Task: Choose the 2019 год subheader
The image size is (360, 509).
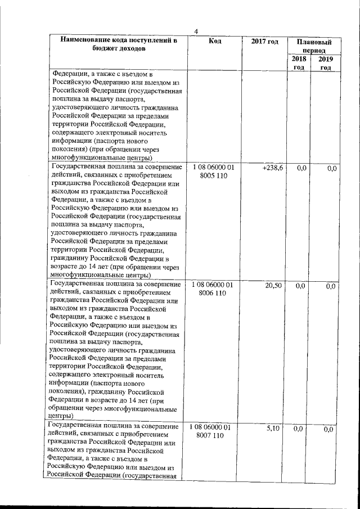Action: point(325,64)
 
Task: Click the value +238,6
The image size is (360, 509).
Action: point(272,168)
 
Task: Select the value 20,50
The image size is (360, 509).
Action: point(273,286)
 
